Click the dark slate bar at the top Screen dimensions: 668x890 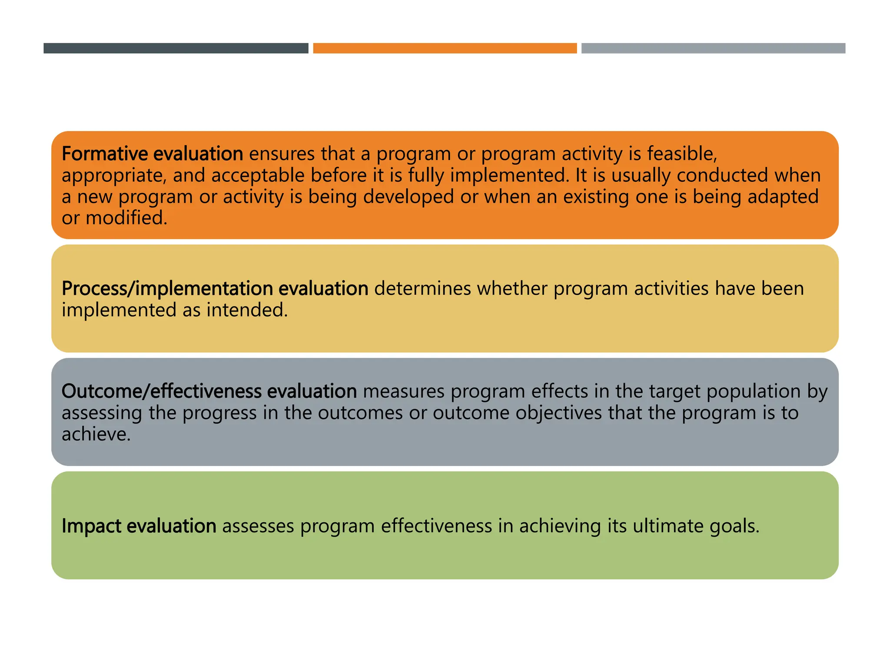coord(176,48)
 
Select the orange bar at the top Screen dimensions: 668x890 coord(445,48)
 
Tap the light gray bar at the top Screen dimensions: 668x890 coord(713,48)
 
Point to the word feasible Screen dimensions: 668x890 coord(681,154)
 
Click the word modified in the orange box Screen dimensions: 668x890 coord(126,218)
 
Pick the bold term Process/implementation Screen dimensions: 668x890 coord(167,289)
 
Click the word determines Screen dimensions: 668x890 coord(422,289)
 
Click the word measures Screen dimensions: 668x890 coord(404,391)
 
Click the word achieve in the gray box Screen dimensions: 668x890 coord(95,434)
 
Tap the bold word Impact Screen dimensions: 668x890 coord(91,526)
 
